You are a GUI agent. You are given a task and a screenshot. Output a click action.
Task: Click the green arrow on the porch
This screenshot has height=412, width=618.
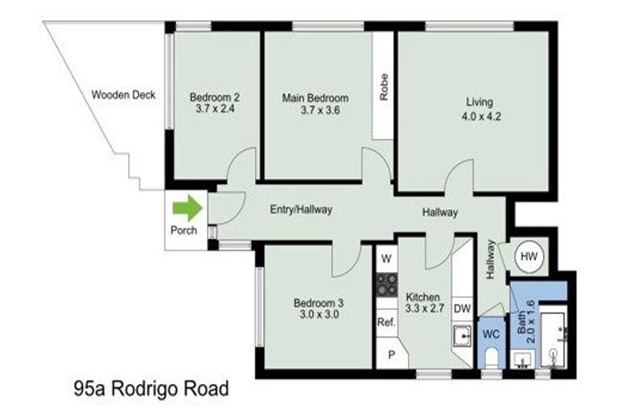tap(187, 208)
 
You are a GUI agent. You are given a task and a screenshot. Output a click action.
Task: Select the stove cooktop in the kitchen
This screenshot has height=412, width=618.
tap(387, 285)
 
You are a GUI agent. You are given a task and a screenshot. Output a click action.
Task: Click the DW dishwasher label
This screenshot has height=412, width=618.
tap(462, 308)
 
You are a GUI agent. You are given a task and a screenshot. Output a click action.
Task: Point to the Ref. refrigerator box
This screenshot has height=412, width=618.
tap(385, 322)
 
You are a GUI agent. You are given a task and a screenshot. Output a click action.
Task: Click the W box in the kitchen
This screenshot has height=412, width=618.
tap(386, 259)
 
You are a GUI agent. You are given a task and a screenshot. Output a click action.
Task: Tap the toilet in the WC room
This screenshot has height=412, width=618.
tap(492, 356)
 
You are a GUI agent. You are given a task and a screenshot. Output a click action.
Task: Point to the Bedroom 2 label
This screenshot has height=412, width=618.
tap(215, 98)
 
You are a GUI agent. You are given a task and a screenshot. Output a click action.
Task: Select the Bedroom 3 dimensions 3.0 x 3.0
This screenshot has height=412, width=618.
tap(318, 315)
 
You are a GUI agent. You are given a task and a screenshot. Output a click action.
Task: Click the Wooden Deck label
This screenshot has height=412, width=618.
tap(123, 94)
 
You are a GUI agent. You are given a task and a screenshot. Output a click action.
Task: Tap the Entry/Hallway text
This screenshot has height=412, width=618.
tap(300, 209)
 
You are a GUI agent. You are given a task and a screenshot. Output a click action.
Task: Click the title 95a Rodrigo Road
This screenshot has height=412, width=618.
tap(150, 389)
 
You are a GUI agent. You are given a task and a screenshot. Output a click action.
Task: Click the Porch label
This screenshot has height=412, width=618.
tap(183, 231)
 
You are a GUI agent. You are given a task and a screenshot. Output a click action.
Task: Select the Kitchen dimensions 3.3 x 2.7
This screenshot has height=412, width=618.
tap(422, 308)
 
